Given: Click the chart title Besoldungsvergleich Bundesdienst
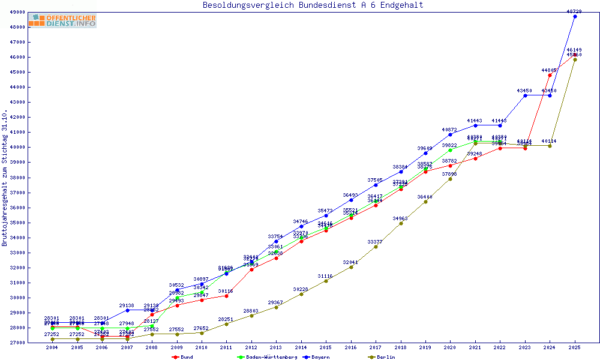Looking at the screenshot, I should (313, 5).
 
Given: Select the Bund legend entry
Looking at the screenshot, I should (183, 357).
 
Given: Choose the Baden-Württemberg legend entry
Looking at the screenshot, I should (266, 357).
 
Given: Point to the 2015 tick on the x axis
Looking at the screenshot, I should (326, 348).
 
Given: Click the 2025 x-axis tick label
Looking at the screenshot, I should (575, 348).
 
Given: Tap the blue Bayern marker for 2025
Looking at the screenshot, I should (575, 17).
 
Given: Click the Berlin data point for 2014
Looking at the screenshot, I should (301, 294).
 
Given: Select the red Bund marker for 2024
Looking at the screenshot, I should (550, 75).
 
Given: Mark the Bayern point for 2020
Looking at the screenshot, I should (450, 134).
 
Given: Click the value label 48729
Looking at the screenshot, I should (575, 11).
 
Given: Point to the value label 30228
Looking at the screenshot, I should (301, 289).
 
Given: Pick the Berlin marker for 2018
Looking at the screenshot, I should (401, 223).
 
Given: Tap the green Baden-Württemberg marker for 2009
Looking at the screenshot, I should (177, 298).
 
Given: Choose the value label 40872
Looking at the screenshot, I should (450, 130).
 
